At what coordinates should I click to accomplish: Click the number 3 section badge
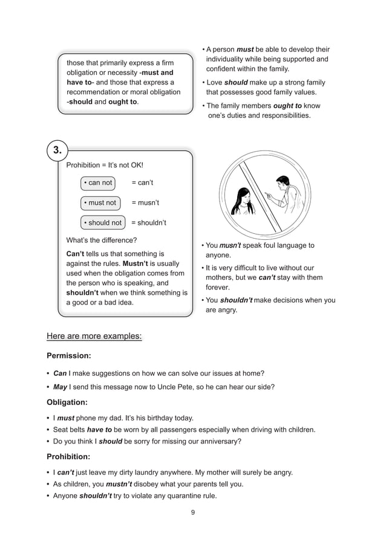point(57,150)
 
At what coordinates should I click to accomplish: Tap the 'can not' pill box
point(98,182)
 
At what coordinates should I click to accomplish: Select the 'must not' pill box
point(100,202)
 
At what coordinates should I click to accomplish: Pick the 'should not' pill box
point(102,222)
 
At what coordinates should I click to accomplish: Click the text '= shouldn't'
point(149,222)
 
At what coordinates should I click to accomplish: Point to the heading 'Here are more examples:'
point(94,335)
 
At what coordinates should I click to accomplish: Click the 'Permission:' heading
point(68,356)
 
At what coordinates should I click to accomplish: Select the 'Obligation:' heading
point(67,402)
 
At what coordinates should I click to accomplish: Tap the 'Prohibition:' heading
point(69,456)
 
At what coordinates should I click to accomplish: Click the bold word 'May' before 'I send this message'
point(60,387)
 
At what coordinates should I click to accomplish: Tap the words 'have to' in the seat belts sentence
point(99,430)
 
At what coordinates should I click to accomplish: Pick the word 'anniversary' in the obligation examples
point(218,441)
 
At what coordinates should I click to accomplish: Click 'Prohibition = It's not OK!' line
point(105,165)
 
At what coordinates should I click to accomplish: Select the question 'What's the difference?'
point(101,240)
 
